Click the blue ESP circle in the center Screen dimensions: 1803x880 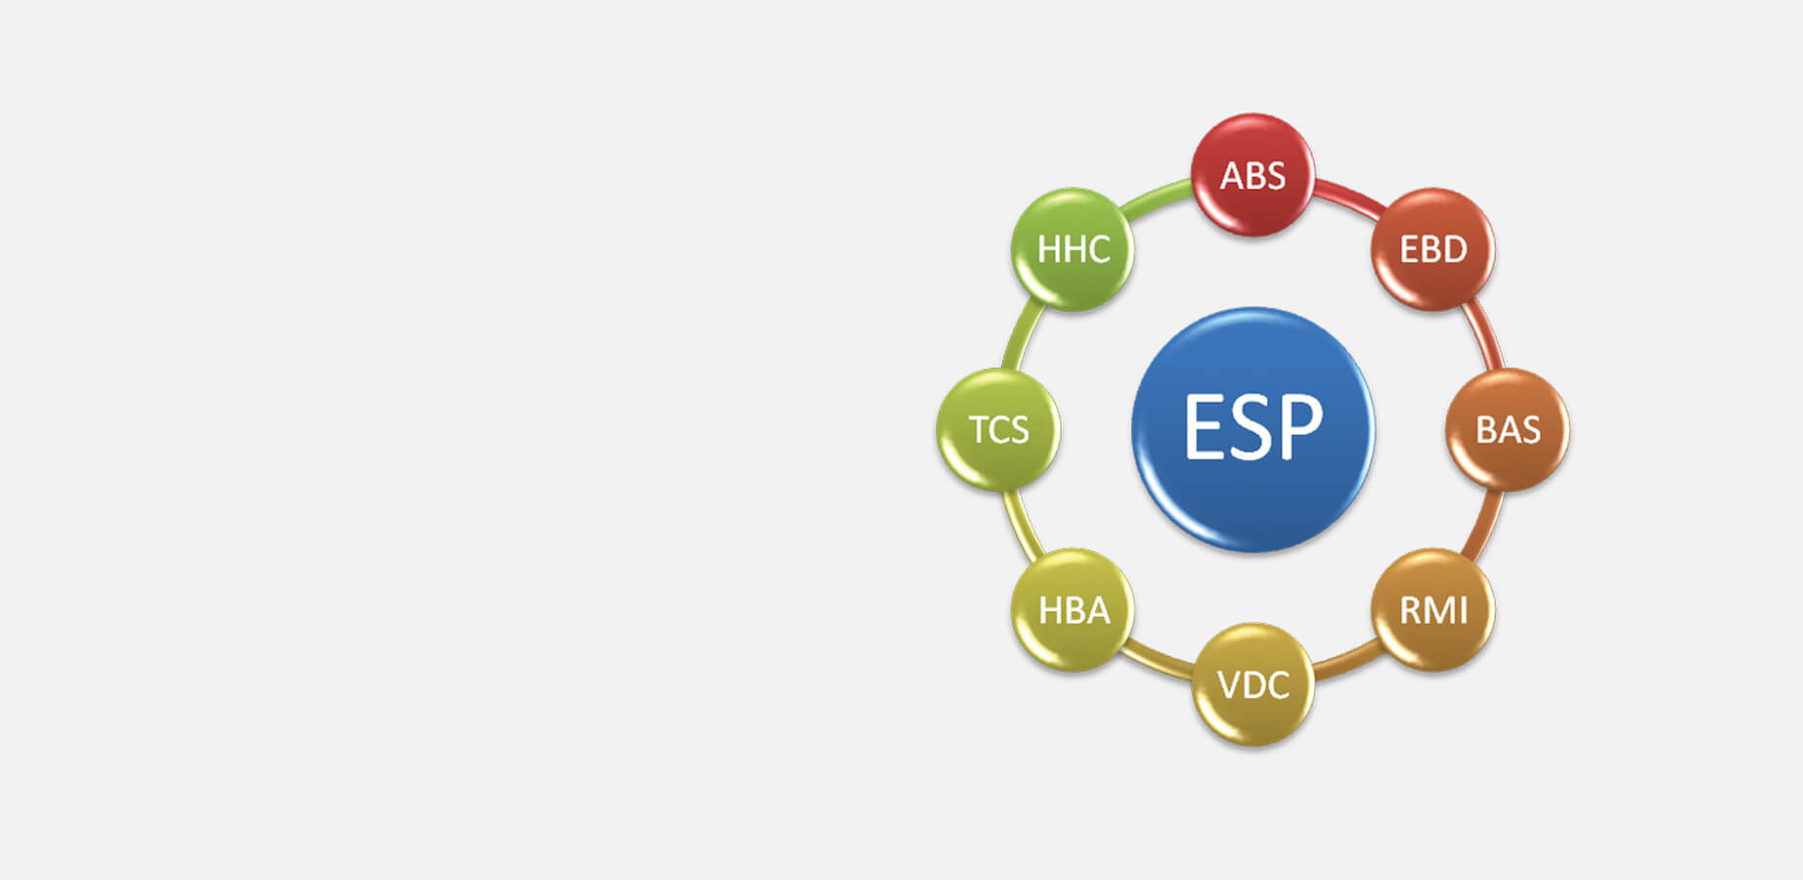click(1253, 429)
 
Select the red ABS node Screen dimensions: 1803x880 click(1253, 175)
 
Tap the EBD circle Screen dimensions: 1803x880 click(1433, 249)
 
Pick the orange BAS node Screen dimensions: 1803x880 click(1508, 429)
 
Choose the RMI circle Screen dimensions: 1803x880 click(1433, 610)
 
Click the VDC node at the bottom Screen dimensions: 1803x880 click(1253, 684)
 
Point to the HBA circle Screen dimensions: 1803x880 click(1073, 610)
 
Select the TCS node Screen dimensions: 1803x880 click(998, 429)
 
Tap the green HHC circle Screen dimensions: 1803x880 click(1073, 249)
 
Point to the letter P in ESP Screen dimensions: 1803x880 click(1301, 426)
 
